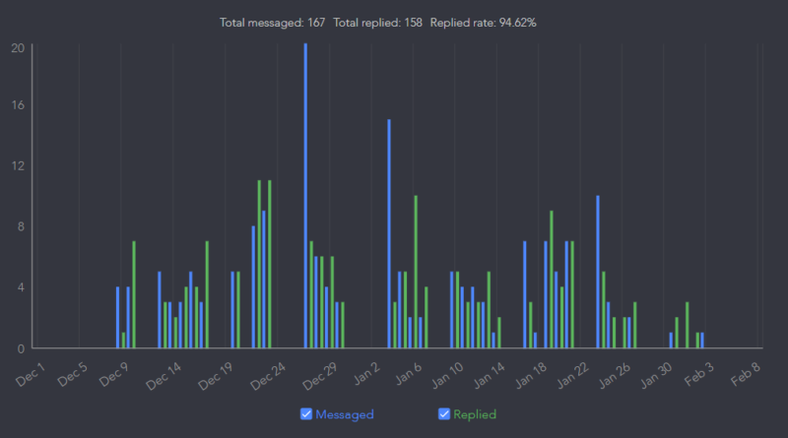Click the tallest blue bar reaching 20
click(305, 197)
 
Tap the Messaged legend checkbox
click(305, 414)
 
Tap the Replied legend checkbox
click(443, 414)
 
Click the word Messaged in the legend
click(345, 414)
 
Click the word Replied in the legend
click(475, 414)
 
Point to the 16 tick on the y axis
click(18, 105)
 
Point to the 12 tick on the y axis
click(18, 166)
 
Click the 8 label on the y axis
click(20, 226)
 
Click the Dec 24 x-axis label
click(267, 375)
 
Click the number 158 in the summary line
click(411, 22)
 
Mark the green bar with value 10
click(416, 272)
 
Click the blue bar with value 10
click(598, 272)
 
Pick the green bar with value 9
click(552, 280)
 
